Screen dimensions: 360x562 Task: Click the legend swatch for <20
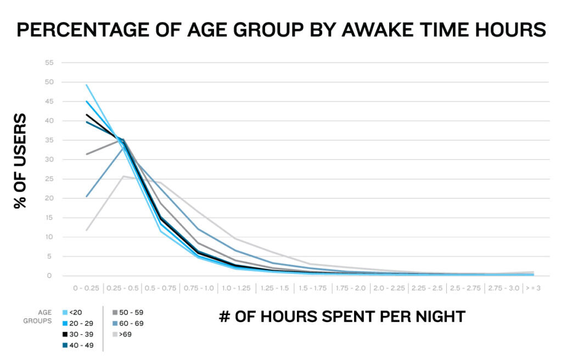65,312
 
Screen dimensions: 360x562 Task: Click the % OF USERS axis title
20,161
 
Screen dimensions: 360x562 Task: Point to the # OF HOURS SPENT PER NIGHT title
342,317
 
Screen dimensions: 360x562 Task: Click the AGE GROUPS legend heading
40,317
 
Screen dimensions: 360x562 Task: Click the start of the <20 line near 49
86,85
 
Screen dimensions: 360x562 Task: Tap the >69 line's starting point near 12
86,230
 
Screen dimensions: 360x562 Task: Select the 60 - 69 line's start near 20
86,196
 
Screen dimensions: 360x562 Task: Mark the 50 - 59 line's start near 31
86,154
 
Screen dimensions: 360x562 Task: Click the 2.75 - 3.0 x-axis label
502,288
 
